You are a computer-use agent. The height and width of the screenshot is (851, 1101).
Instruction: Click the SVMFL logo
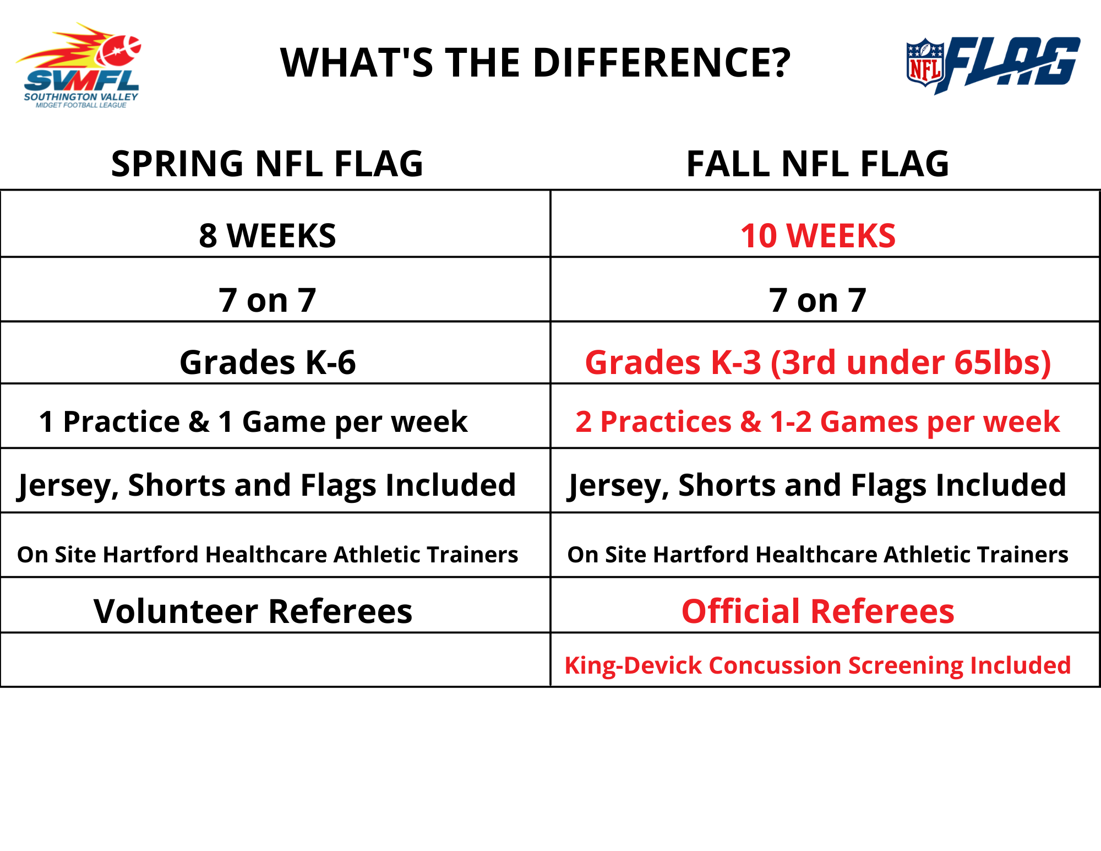(78, 65)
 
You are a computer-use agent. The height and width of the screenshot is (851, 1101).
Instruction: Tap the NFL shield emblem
(925, 62)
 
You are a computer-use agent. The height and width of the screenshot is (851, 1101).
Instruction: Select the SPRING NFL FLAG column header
(267, 164)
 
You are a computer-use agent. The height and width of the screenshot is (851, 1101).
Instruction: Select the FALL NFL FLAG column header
(817, 164)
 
